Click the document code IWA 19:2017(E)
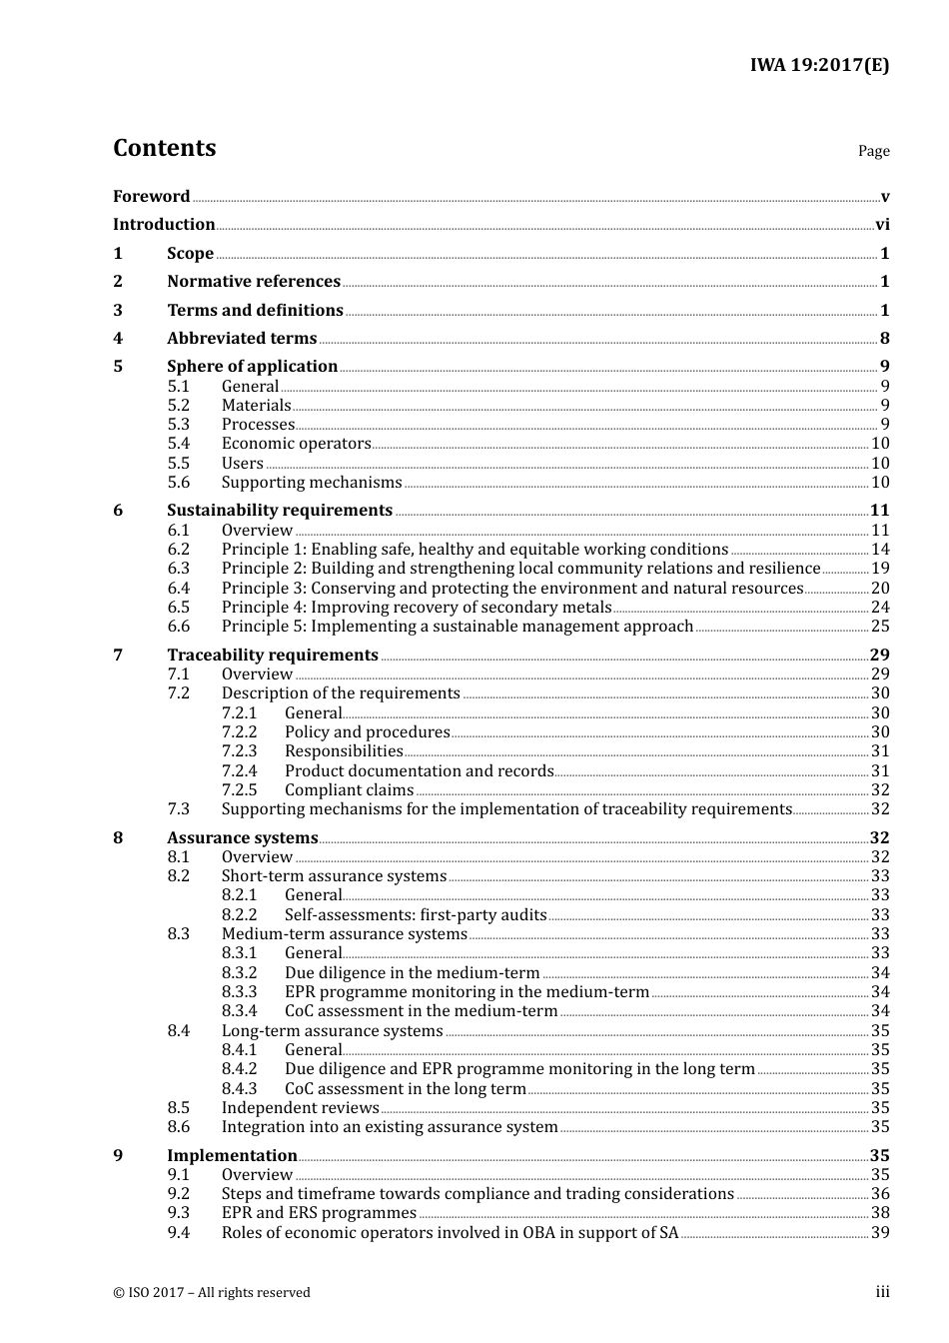click(819, 65)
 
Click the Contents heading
click(164, 148)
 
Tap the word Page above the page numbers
click(873, 151)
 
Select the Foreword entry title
click(151, 196)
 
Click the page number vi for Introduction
click(882, 225)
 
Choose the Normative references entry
click(254, 282)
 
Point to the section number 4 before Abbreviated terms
click(118, 339)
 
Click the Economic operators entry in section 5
click(296, 444)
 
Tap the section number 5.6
click(179, 483)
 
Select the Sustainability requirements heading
click(280, 511)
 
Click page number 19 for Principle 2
click(880, 569)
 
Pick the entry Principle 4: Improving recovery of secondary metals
click(416, 608)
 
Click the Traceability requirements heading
click(273, 656)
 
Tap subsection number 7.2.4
click(240, 771)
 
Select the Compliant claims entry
click(349, 790)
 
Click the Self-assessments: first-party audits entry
click(416, 915)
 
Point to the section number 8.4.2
click(240, 1069)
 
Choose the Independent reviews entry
click(300, 1108)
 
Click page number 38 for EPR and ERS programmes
click(880, 1213)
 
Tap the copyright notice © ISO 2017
click(212, 1293)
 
